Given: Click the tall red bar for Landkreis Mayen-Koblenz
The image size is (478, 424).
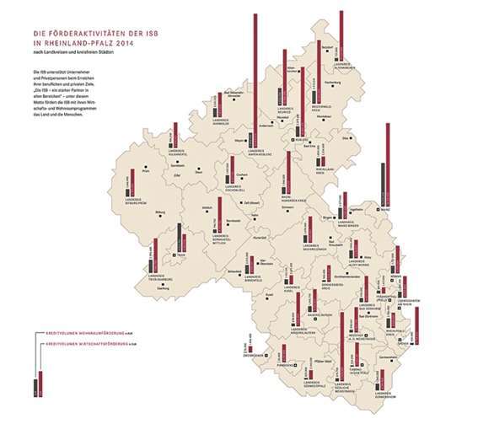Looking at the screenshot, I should click(x=255, y=76).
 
